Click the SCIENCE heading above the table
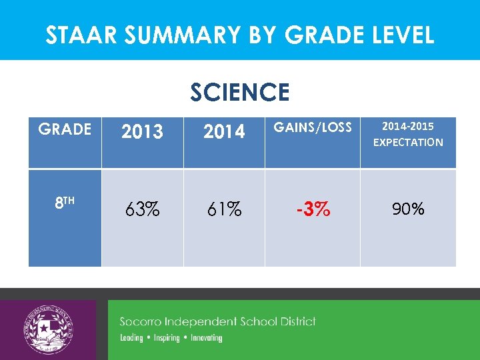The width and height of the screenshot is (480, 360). [240, 92]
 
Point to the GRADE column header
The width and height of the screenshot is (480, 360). [65, 129]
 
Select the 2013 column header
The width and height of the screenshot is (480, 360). [142, 132]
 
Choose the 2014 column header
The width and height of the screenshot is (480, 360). [224, 132]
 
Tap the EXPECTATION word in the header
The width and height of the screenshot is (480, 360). [408, 142]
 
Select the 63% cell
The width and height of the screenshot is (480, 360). [142, 210]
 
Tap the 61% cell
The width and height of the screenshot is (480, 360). [224, 210]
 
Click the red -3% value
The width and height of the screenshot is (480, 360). [313, 209]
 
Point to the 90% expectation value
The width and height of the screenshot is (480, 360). [408, 209]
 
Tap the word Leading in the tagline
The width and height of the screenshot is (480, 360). [131, 338]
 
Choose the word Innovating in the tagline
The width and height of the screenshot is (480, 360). [206, 338]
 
